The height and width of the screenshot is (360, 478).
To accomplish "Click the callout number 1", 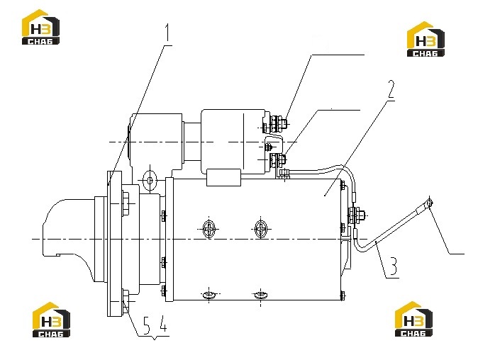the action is coord(167,33).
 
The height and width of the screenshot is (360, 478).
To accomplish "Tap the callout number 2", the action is coord(391,90).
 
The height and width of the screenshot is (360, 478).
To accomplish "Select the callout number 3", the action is coord(394,266).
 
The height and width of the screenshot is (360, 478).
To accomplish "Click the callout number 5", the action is coord(146,325).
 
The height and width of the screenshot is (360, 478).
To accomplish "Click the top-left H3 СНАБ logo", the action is coord(40,27).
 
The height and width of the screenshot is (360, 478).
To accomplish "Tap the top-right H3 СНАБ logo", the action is coord(426,39).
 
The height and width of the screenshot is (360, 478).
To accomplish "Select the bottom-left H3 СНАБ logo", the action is coord(51,320).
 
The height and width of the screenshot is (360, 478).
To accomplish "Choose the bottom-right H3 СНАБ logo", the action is coord(413,319).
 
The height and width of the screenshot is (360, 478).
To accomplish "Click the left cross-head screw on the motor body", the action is coord(209,229).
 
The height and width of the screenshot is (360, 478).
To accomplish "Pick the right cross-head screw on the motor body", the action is coord(261,229).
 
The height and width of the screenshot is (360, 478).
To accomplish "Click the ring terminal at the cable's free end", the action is coord(430,203).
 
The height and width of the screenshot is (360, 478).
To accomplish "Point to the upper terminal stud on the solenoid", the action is coord(277,123).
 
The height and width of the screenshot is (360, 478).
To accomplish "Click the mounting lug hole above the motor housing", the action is coord(150,181).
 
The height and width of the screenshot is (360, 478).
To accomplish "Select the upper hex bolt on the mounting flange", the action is coord(126,203).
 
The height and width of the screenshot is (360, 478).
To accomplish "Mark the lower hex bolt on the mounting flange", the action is coord(126,301).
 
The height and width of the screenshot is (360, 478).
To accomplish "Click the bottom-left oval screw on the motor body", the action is coord(209,295).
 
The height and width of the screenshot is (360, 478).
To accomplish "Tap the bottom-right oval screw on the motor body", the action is coord(261,295).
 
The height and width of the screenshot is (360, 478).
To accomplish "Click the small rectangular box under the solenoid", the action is coord(224,178).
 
